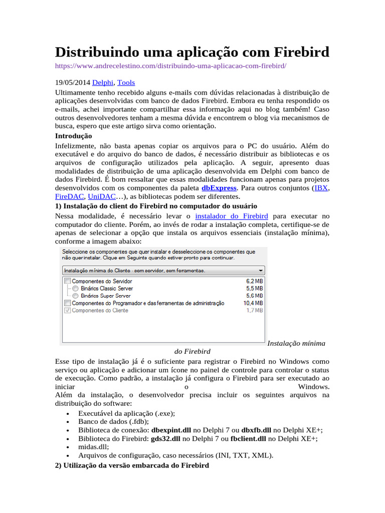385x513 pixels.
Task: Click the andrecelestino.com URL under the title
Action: (170, 66)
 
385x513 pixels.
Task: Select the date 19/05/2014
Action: (72, 83)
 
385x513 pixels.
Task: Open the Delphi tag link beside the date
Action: (103, 83)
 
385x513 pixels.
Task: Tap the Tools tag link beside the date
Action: (126, 83)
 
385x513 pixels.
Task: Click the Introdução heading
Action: (73, 136)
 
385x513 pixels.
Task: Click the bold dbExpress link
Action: (219, 187)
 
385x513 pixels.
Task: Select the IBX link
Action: (321, 187)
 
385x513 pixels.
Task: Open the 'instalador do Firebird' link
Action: (232, 216)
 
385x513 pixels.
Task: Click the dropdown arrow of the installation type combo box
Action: (261, 271)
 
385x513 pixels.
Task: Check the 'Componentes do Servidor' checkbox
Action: (68, 282)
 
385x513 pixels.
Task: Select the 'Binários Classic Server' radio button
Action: (75, 289)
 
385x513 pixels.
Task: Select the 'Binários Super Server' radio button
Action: (75, 296)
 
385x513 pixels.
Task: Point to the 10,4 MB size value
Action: (253, 304)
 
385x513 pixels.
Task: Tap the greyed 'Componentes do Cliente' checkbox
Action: (68, 311)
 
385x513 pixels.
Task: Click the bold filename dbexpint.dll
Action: (171, 430)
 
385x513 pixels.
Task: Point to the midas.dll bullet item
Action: (93, 447)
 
